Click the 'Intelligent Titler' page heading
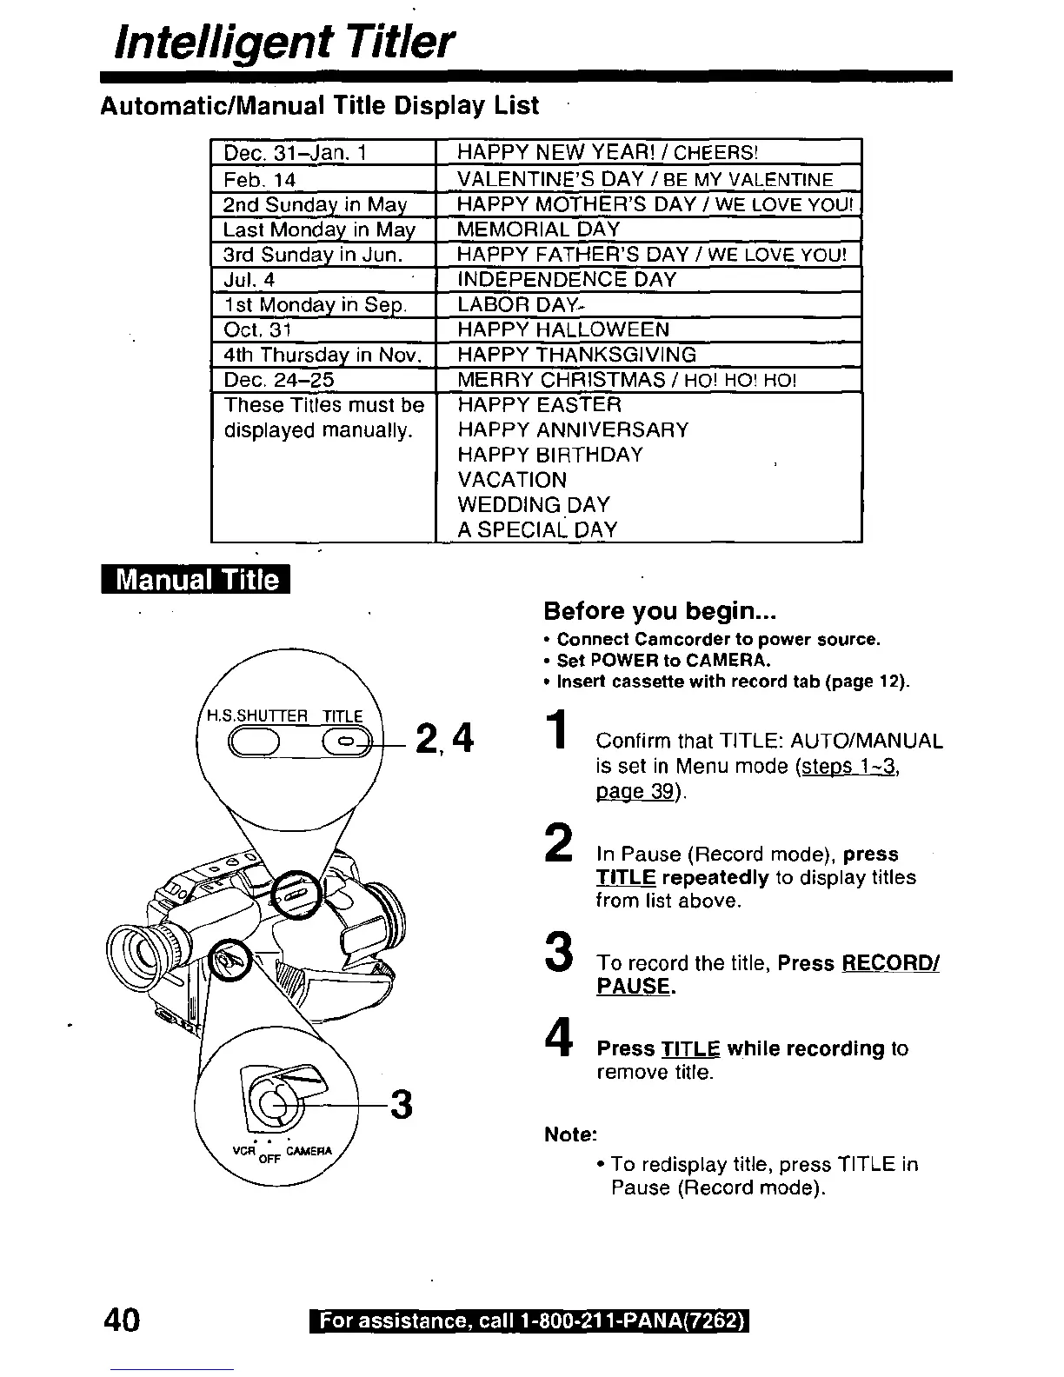[x=285, y=41]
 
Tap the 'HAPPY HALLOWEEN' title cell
[x=563, y=329]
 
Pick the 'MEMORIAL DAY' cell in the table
[x=538, y=229]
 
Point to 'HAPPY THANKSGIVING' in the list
[x=576, y=355]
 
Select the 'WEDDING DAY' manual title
[x=534, y=505]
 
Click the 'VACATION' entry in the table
[x=512, y=480]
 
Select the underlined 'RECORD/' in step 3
[x=890, y=963]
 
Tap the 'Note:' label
[x=570, y=1134]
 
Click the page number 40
[x=121, y=1320]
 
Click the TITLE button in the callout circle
[x=345, y=741]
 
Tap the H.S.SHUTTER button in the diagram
[x=253, y=741]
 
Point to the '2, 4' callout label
[x=443, y=740]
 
